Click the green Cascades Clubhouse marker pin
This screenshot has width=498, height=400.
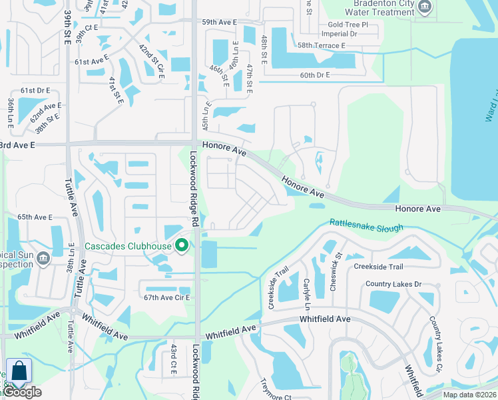click(x=181, y=247)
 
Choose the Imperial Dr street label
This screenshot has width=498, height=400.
click(x=339, y=33)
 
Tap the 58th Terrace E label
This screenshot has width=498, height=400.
click(x=322, y=45)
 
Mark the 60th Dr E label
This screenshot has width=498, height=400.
click(x=315, y=75)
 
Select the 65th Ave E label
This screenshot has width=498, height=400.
click(x=35, y=217)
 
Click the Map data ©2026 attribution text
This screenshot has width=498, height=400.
click(x=469, y=395)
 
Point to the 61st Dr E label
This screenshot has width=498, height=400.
click(x=35, y=90)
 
